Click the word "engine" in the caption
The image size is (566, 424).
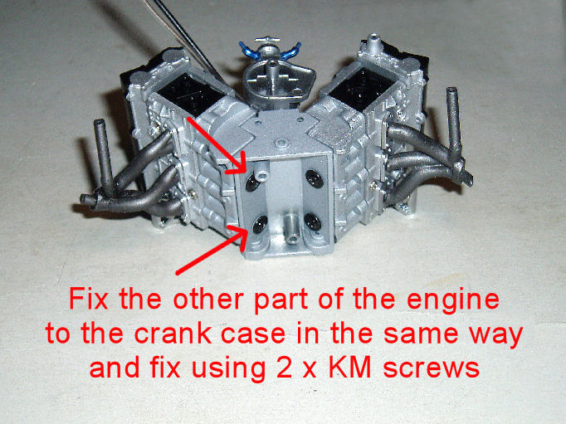453,300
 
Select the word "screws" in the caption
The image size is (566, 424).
431,368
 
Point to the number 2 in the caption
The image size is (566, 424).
284,368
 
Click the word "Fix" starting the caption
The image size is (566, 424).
89,299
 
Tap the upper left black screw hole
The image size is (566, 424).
251,183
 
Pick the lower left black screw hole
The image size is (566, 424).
260,224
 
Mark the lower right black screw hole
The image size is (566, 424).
313,222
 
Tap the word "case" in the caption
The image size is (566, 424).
252,334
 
